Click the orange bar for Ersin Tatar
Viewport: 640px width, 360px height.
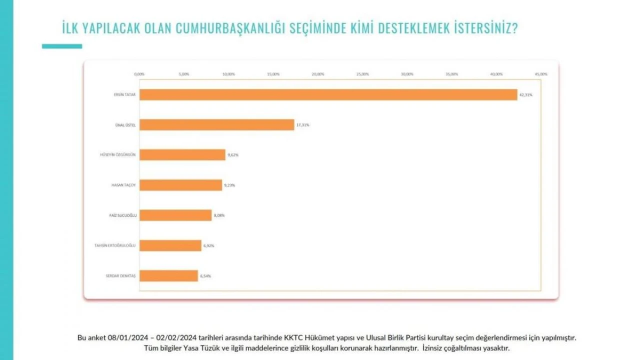coord(328,94)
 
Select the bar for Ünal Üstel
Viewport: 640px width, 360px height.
coord(216,124)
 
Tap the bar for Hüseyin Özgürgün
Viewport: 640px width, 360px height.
coord(182,155)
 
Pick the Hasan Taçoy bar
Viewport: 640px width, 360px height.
coord(180,185)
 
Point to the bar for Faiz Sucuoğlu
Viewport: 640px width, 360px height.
coord(175,215)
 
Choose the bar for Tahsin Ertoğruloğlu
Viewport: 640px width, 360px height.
coord(170,245)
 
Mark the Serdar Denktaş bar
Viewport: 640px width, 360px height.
coord(168,275)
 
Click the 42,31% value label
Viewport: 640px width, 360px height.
coord(525,94)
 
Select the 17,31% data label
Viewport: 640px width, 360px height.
coord(302,125)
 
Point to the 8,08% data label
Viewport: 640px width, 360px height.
coord(219,215)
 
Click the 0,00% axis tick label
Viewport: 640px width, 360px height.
coord(139,74)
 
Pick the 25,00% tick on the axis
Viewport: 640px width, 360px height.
coord(362,74)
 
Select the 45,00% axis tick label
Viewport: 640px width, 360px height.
coord(541,74)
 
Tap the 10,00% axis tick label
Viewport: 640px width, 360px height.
coord(228,74)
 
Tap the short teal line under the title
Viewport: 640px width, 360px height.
coord(62,46)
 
